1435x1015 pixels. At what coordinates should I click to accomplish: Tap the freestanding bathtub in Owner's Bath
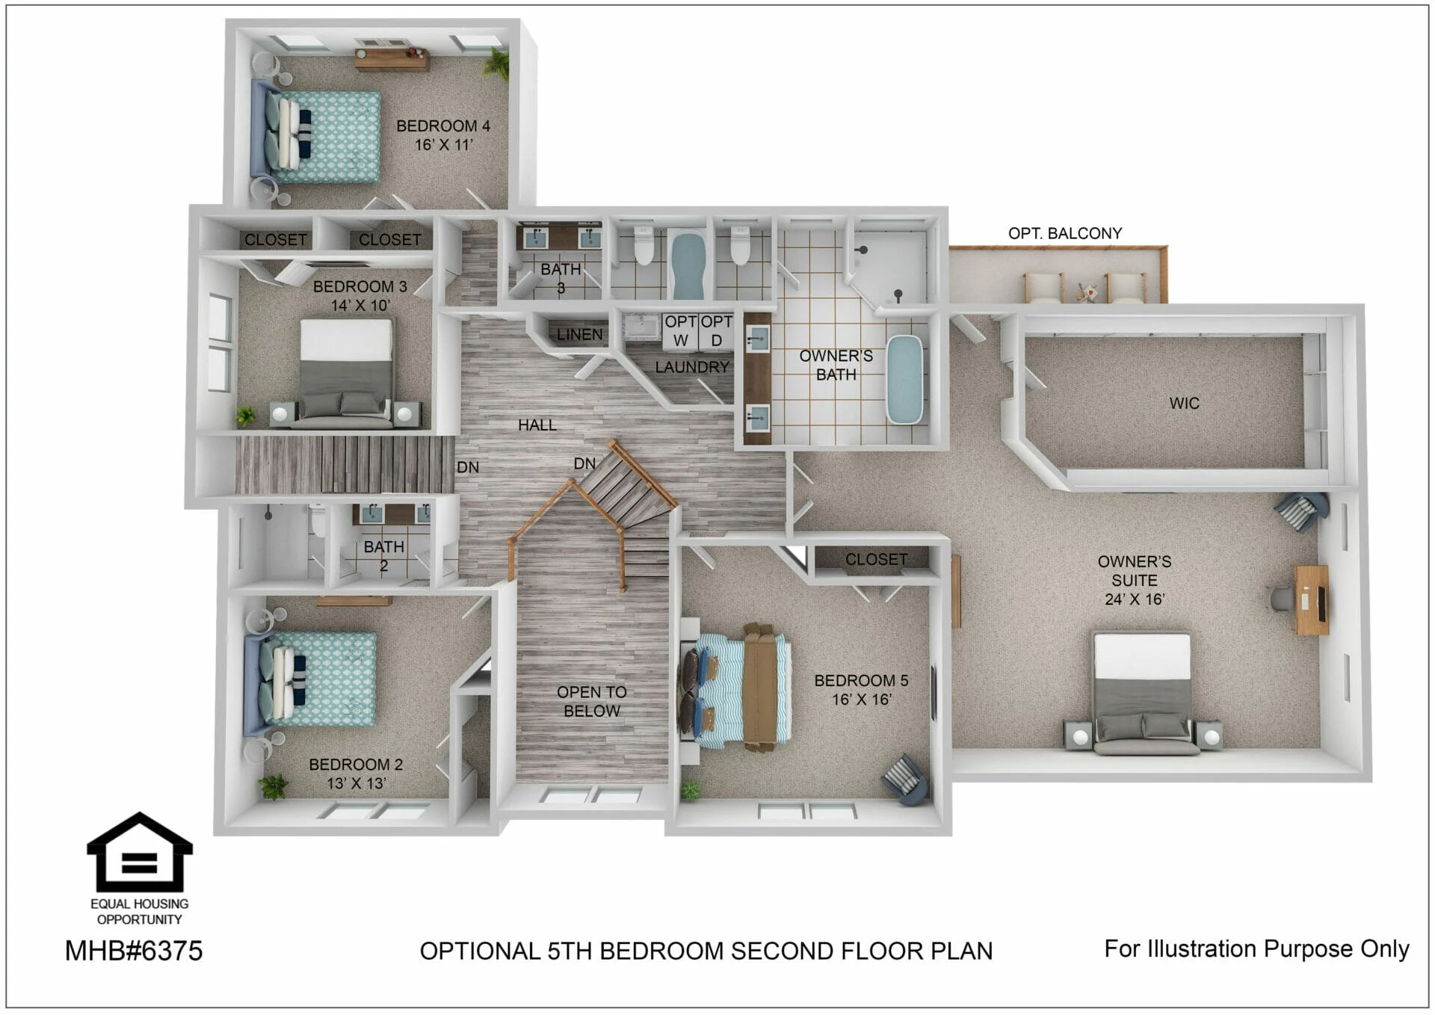[x=904, y=380]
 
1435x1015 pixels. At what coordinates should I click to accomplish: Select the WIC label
[x=1184, y=404]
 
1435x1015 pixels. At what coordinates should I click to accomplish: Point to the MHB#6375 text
[x=134, y=951]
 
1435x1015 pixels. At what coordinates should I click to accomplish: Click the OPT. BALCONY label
[x=1065, y=233]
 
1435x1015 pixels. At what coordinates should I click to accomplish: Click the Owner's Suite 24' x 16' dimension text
[x=1135, y=599]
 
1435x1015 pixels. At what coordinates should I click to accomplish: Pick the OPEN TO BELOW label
[x=592, y=701]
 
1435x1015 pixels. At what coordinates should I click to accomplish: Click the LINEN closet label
[x=579, y=334]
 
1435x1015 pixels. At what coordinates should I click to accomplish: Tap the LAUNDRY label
[x=692, y=367]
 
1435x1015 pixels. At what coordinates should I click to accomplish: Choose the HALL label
[x=537, y=425]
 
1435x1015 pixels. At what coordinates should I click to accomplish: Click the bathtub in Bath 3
[x=688, y=265]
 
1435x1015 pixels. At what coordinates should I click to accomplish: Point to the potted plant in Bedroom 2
[x=273, y=786]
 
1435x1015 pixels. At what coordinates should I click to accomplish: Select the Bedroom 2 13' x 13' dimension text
[x=356, y=783]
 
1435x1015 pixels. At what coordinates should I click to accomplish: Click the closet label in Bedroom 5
[x=876, y=559]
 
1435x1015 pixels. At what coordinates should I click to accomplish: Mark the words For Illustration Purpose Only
[x=1256, y=948]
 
